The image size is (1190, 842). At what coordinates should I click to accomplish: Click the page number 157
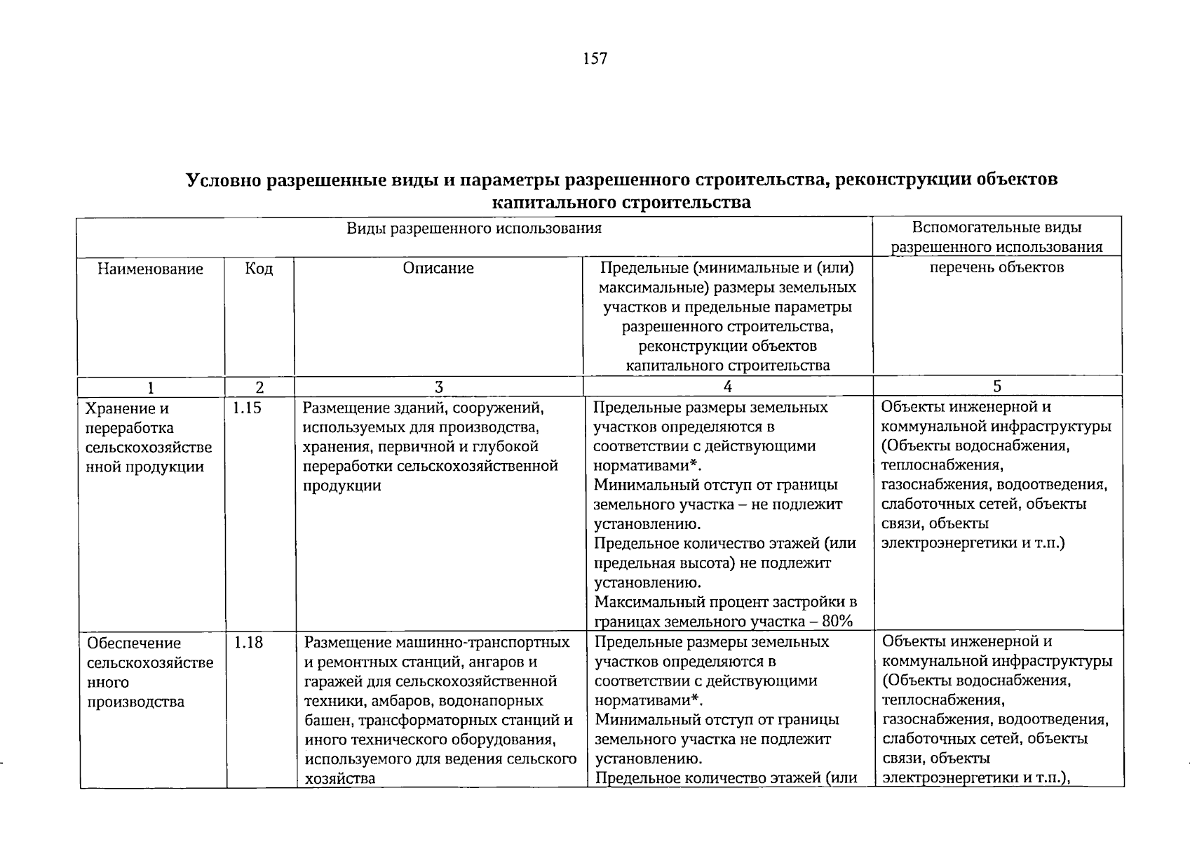pyautogui.click(x=595, y=58)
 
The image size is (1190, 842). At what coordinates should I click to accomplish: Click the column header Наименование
pyautogui.click(x=150, y=269)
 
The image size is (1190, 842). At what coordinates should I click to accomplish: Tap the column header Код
pyautogui.click(x=259, y=269)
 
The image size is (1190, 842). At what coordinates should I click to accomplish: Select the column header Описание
pyautogui.click(x=438, y=268)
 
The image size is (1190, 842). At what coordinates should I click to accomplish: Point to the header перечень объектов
pyautogui.click(x=996, y=267)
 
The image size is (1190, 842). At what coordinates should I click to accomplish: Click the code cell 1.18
pyautogui.click(x=248, y=642)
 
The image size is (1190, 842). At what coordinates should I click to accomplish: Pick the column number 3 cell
pyautogui.click(x=439, y=387)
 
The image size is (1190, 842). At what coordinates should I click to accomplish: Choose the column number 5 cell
pyautogui.click(x=997, y=386)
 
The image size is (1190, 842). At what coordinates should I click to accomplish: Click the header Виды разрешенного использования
pyautogui.click(x=474, y=228)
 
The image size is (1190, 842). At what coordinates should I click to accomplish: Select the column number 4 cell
pyautogui.click(x=728, y=387)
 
